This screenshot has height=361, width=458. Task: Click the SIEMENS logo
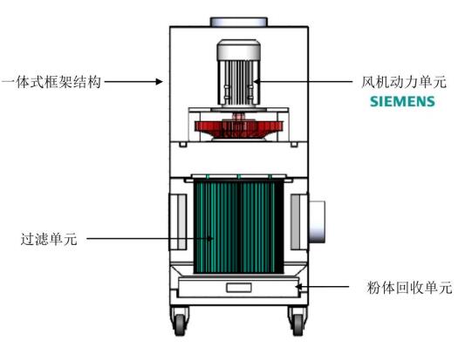[402, 101]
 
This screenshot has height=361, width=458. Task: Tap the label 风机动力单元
[404, 82]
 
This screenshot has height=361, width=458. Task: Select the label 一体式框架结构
[51, 82]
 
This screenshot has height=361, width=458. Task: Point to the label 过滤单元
[49, 239]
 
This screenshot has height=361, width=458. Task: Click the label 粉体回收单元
[409, 287]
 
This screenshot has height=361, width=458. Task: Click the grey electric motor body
[239, 73]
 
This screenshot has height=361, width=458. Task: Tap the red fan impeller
[239, 128]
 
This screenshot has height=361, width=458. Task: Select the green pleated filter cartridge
[239, 227]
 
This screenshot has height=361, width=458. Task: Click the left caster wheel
[180, 324]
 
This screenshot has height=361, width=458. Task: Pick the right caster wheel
[298, 324]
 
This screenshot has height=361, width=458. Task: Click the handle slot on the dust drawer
[239, 288]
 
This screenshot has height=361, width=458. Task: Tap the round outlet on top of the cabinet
[239, 22]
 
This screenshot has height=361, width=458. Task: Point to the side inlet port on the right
[317, 221]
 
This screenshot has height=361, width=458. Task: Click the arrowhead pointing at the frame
[160, 81]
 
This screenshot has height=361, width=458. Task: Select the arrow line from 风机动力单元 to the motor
[303, 82]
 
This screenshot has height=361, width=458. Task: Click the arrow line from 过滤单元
[150, 239]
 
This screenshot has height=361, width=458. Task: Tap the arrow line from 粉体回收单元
[322, 287]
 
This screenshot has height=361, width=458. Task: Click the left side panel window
[178, 221]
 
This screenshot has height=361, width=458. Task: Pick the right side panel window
[299, 221]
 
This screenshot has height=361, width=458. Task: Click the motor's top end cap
[239, 50]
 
